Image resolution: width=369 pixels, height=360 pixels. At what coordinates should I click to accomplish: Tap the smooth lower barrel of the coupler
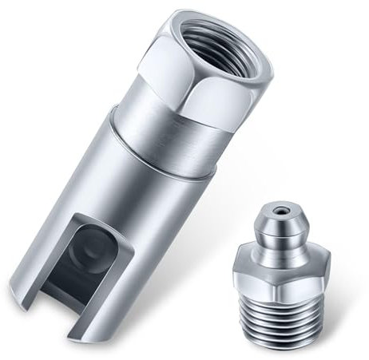[x=120, y=208]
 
